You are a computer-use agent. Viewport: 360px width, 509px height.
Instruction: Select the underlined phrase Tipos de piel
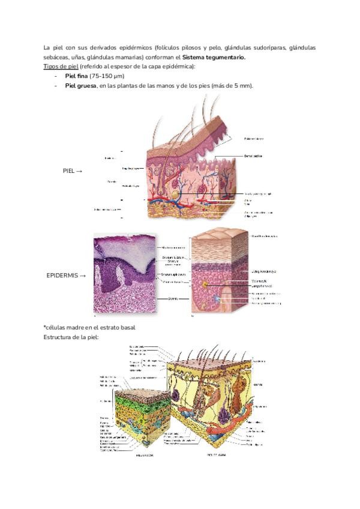point(61,66)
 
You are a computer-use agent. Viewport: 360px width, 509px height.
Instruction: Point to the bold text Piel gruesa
point(80,86)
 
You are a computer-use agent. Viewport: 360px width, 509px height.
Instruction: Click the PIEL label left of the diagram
point(70,171)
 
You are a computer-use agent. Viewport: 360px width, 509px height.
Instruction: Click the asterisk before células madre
point(45,327)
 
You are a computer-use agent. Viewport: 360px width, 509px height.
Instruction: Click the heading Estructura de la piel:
point(71,337)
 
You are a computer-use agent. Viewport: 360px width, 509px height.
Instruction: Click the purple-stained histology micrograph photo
point(125,274)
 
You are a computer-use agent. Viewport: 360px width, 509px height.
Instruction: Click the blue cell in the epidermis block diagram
point(217,298)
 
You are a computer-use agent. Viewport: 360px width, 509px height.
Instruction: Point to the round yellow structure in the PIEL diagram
point(176,196)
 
